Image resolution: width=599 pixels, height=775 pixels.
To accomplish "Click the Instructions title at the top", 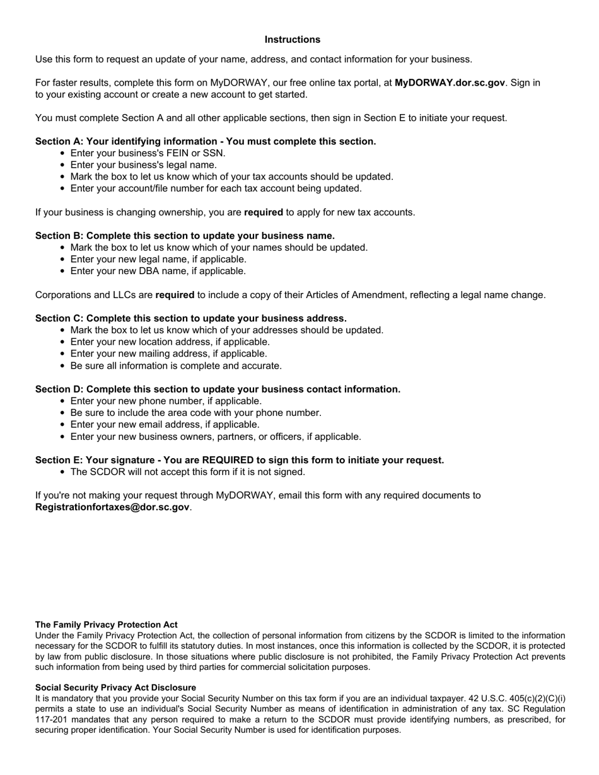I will point(292,40).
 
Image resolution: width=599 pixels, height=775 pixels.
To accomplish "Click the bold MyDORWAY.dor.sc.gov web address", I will point(450,83).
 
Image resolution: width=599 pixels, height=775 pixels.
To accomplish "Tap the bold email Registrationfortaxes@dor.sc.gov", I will point(112,507).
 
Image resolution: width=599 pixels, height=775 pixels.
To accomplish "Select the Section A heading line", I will point(206,141).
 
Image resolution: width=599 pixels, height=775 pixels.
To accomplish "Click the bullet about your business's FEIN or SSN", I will point(148,153).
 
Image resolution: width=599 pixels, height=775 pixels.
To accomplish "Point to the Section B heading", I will point(185,236).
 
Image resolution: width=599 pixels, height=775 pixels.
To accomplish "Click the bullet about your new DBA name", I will point(158,271).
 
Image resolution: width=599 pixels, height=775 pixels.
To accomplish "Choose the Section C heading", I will point(190,318).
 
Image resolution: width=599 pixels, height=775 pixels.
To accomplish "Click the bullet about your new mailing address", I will point(168,353).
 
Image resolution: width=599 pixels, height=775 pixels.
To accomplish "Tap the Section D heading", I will point(218,389).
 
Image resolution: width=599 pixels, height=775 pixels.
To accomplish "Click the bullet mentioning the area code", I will point(195,413).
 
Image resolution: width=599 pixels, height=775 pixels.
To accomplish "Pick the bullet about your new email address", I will point(165,425).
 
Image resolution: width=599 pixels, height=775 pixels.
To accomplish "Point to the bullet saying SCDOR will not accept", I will point(187,472).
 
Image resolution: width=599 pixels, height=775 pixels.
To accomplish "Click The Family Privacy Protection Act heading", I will point(106,624).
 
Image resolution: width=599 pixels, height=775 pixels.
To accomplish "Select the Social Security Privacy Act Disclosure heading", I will point(115,687).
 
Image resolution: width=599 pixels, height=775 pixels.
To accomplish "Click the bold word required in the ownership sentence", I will point(263,212).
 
